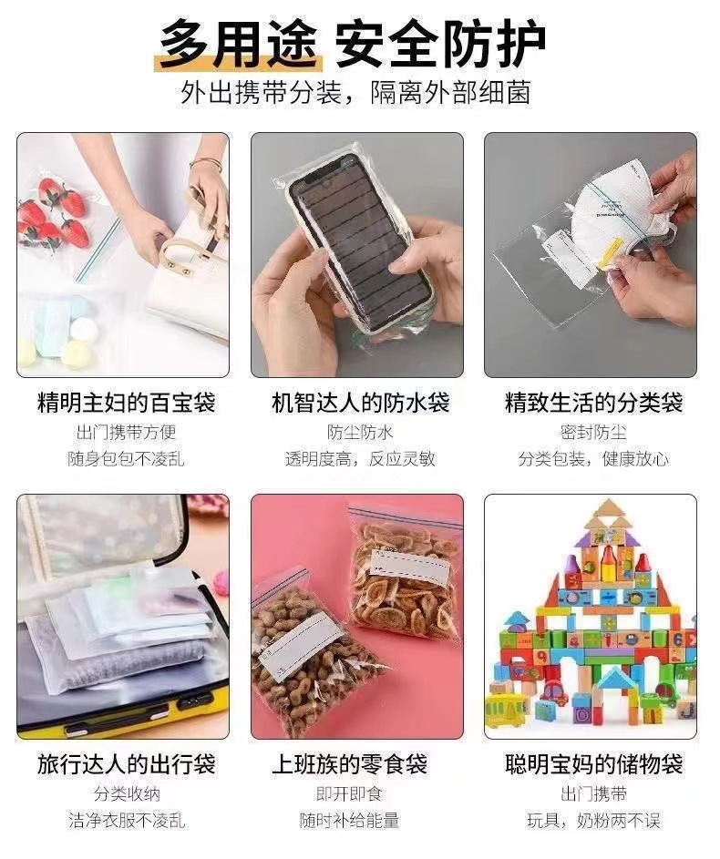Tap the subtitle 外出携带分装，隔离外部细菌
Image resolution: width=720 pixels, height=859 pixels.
[x=355, y=93]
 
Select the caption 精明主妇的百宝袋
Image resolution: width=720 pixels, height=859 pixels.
[x=126, y=402]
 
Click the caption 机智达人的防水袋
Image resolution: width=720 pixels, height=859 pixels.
[x=360, y=402]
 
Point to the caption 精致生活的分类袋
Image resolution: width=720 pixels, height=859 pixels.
[x=593, y=402]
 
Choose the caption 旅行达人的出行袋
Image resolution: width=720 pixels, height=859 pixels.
[x=126, y=763]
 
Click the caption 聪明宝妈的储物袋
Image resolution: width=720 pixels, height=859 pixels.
[x=593, y=763]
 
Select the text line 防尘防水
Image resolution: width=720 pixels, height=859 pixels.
[x=360, y=432]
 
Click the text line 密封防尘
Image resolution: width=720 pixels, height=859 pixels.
[x=593, y=432]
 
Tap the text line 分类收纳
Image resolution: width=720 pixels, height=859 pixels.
[x=126, y=793]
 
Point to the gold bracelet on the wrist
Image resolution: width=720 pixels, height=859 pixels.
[x=206, y=163]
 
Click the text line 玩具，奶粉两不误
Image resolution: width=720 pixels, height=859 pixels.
[x=593, y=821]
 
